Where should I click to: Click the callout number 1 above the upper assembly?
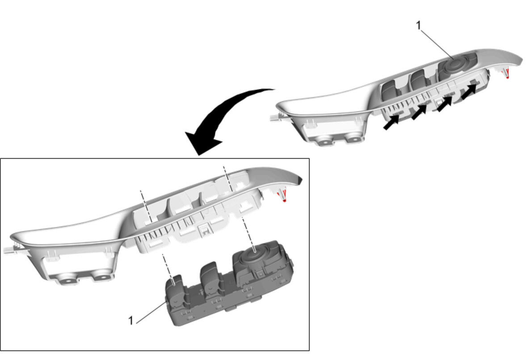418,25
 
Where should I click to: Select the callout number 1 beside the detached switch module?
131,320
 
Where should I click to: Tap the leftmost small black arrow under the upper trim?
391,122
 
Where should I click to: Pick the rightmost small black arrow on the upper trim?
469,91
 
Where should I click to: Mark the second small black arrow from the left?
419,112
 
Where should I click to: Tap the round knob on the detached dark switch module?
255,252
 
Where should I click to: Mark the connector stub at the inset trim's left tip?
11,250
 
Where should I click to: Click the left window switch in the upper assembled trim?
391,89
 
